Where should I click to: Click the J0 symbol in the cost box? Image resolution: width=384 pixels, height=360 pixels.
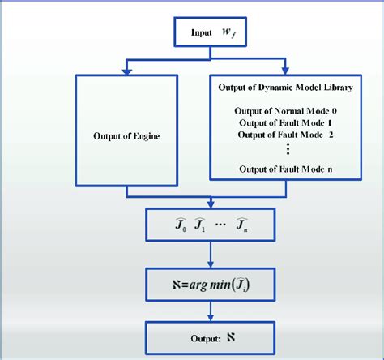coord(179,223)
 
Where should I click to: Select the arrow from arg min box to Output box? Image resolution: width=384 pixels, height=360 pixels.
coord(211,309)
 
